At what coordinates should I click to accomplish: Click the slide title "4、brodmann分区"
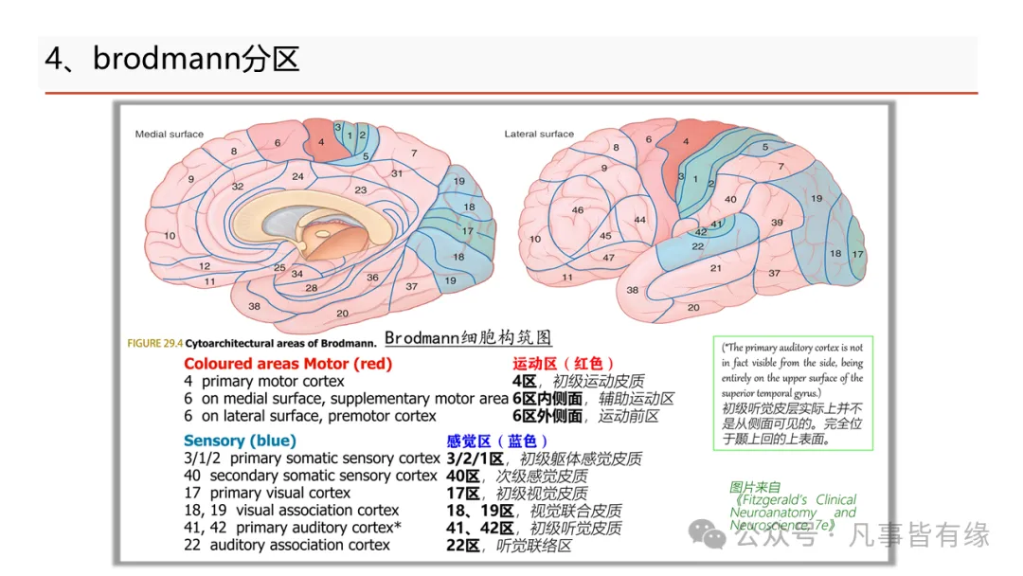click(x=172, y=60)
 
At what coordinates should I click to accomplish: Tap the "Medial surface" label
click(x=169, y=135)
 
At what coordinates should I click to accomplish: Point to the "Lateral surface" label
click(x=539, y=135)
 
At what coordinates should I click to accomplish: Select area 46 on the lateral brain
click(x=578, y=209)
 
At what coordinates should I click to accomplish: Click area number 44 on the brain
click(x=639, y=220)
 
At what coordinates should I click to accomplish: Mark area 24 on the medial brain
click(x=297, y=177)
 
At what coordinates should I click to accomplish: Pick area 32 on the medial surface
click(x=238, y=187)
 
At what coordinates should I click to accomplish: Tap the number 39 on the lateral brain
click(x=777, y=222)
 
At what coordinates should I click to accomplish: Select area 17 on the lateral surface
click(x=857, y=254)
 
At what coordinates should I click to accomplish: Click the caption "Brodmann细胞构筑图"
click(x=468, y=338)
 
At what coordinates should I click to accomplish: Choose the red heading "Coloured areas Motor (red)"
click(x=288, y=364)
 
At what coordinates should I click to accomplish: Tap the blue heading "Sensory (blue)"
click(x=240, y=441)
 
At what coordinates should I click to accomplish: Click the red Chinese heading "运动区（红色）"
click(x=564, y=364)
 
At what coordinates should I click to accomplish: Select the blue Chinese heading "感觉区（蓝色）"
click(x=497, y=441)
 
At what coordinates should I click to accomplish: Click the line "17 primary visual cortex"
click(x=267, y=493)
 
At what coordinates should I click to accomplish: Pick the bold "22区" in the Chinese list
click(x=463, y=545)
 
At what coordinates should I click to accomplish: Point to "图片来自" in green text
click(x=748, y=488)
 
